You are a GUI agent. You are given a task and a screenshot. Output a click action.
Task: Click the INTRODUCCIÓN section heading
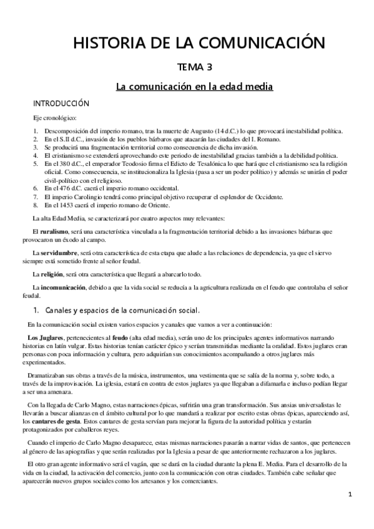61,103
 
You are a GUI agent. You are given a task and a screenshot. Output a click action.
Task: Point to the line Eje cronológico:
55,118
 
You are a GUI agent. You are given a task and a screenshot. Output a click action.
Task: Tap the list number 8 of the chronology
36,204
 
